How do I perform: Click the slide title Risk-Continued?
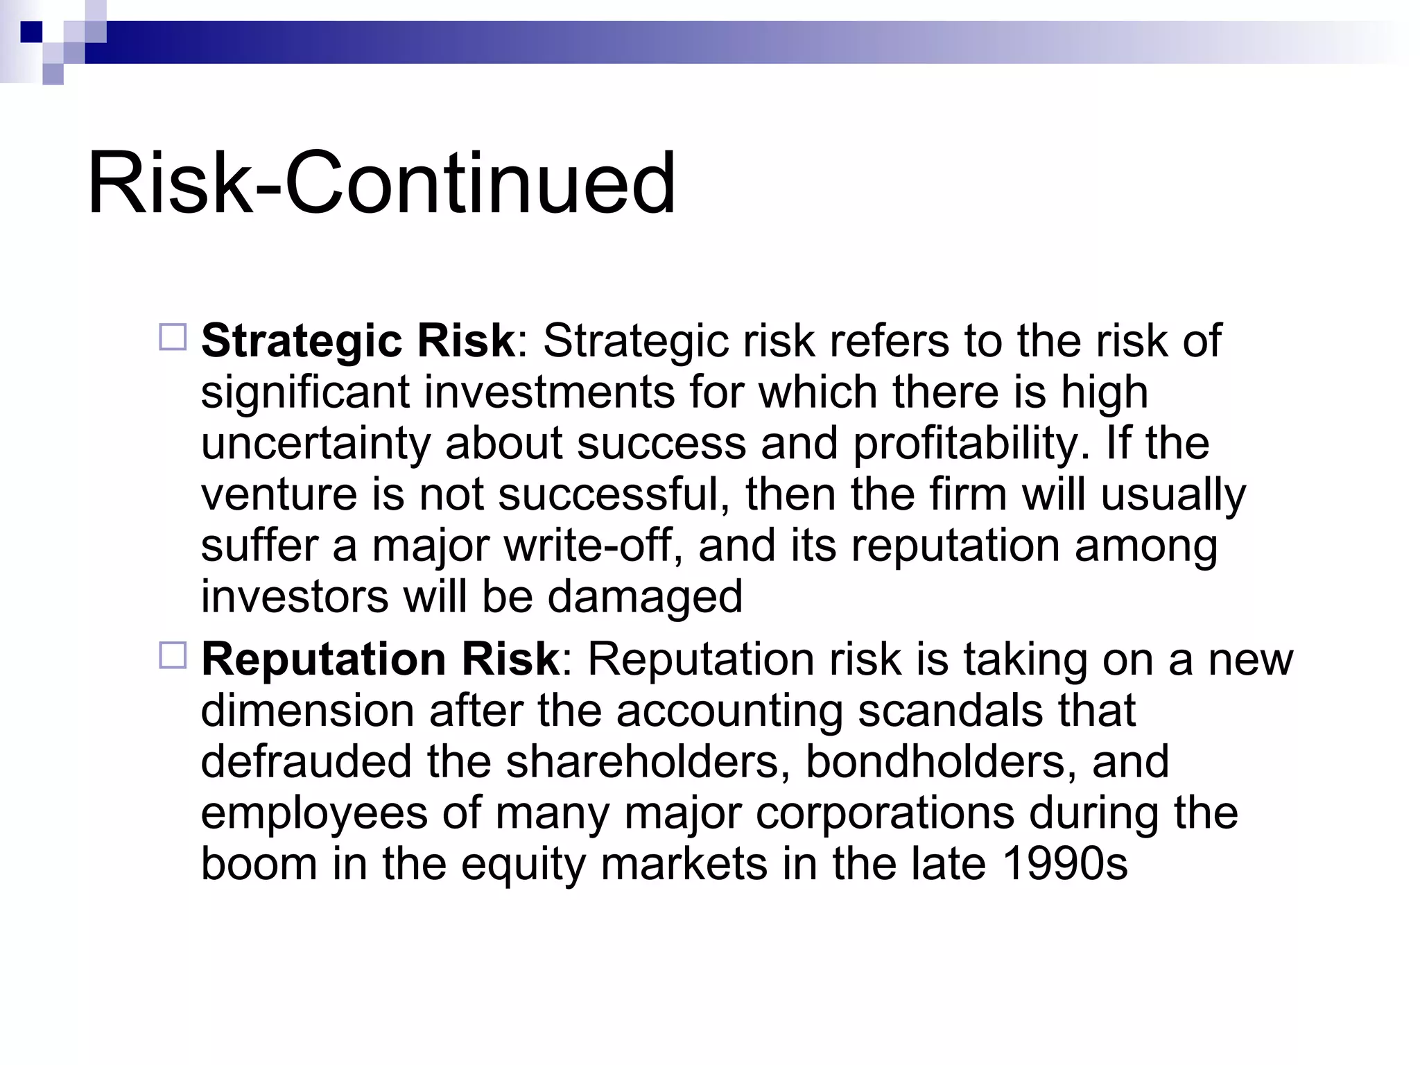point(381,184)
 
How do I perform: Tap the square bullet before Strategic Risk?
point(173,338)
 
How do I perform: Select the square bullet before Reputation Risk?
point(173,655)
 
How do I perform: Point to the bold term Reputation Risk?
point(380,659)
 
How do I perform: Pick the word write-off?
point(588,546)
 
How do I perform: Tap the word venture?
point(277,495)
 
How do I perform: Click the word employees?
point(313,814)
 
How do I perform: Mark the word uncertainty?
point(315,444)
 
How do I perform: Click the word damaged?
point(645,596)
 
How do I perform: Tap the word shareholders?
point(648,761)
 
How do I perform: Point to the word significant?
point(305,392)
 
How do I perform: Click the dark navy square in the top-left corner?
point(31,32)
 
